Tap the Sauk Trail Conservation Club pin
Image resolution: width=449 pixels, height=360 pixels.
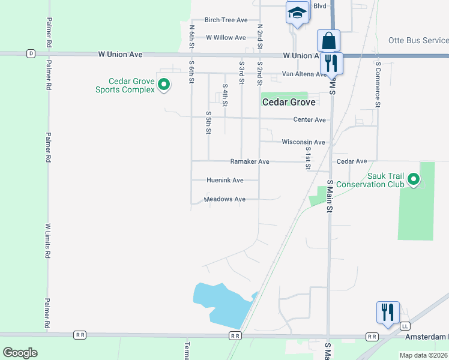tap(414, 179)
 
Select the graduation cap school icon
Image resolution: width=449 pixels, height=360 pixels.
tap(297, 13)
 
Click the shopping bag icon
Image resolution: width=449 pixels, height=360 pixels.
tap(328, 42)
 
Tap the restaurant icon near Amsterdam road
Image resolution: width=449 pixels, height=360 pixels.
tap(388, 313)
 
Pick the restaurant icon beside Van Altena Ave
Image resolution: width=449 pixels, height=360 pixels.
tap(331, 63)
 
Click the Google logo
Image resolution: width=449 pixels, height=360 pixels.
tap(20, 353)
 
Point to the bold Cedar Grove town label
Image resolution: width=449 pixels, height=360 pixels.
tap(289, 103)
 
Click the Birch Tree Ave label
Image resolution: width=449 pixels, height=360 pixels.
tap(226, 20)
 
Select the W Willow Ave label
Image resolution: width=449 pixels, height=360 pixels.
tap(226, 37)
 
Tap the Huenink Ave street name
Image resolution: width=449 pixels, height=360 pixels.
tap(224, 180)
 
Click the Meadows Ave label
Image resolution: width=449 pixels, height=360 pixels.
tap(224, 199)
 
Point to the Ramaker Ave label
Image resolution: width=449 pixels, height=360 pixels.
tap(250, 161)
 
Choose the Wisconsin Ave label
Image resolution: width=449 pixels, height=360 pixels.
tap(303, 142)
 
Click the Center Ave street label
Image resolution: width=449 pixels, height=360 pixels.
tap(309, 120)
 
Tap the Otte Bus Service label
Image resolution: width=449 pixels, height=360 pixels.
tap(418, 41)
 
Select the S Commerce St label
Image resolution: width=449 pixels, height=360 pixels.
tap(378, 84)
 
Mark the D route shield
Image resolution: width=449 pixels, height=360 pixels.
tap(31, 53)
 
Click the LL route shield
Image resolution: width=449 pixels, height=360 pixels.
tap(405, 326)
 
